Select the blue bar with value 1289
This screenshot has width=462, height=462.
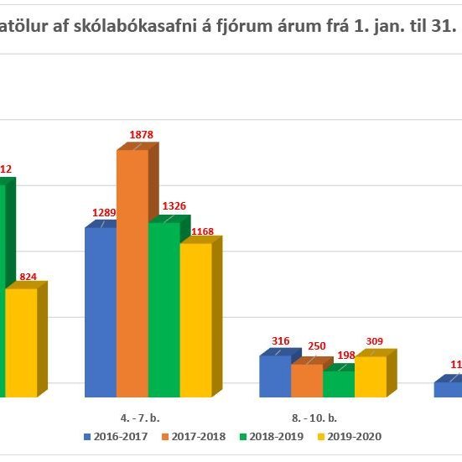point(100,311)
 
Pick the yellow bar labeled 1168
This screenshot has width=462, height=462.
point(195,319)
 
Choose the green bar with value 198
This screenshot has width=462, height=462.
point(338,383)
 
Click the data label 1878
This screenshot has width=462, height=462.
point(142,135)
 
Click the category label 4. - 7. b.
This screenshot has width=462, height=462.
point(141,417)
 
